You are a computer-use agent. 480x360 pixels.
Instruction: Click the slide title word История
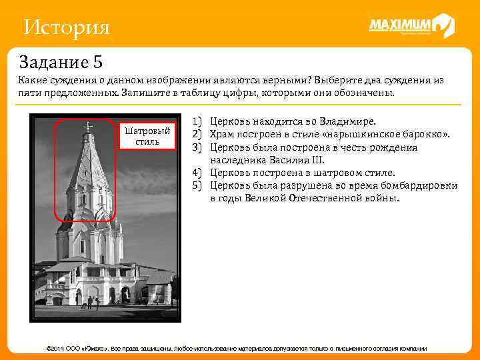(65, 27)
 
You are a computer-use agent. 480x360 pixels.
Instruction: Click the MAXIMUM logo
(411, 26)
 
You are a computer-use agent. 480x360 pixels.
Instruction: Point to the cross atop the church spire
(87, 126)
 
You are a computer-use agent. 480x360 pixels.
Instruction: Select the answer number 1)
(197, 122)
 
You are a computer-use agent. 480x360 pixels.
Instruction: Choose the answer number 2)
(197, 135)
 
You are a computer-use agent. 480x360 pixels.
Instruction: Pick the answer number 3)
(197, 147)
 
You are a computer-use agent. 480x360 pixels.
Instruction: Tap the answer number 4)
(197, 173)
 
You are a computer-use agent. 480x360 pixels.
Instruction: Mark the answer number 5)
(197, 185)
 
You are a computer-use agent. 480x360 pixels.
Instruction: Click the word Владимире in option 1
(348, 122)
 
